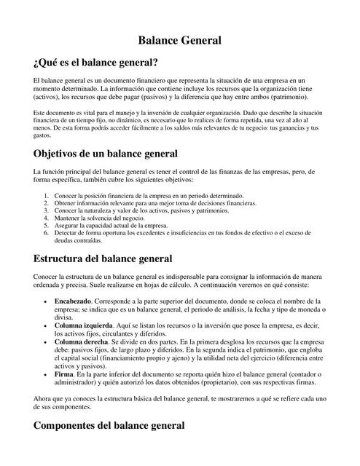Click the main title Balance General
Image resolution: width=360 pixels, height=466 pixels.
[180, 41]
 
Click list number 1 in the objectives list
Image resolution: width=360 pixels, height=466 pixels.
[47, 196]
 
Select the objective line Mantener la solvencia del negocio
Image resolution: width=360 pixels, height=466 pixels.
[99, 217]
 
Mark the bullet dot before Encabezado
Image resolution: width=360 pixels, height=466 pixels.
[47, 301]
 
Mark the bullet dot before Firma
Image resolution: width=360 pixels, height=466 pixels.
[47, 374]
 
